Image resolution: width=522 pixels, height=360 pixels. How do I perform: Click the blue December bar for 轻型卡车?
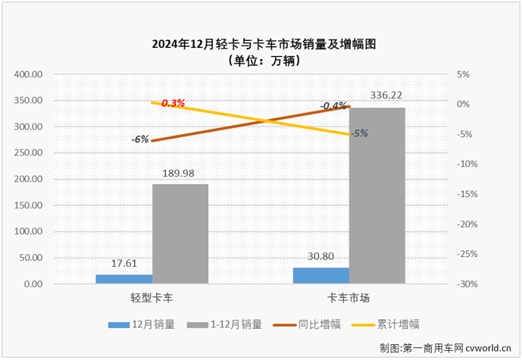click(x=123, y=279)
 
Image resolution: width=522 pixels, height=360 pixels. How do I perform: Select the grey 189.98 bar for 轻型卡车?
click(x=180, y=233)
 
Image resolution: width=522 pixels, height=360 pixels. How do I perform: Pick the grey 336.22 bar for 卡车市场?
click(x=377, y=196)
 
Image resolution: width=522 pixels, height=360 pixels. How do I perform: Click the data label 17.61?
click(x=123, y=264)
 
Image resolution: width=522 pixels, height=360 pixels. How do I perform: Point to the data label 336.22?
click(x=386, y=95)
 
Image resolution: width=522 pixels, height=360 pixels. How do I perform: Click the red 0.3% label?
click(x=173, y=102)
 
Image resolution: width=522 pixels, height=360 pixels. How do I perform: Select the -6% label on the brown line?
click(x=139, y=139)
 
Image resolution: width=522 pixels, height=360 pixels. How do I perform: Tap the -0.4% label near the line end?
click(x=333, y=105)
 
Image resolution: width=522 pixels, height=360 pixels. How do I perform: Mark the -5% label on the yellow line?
click(x=360, y=133)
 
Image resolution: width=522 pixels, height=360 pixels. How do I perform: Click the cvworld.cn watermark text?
click(x=482, y=348)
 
